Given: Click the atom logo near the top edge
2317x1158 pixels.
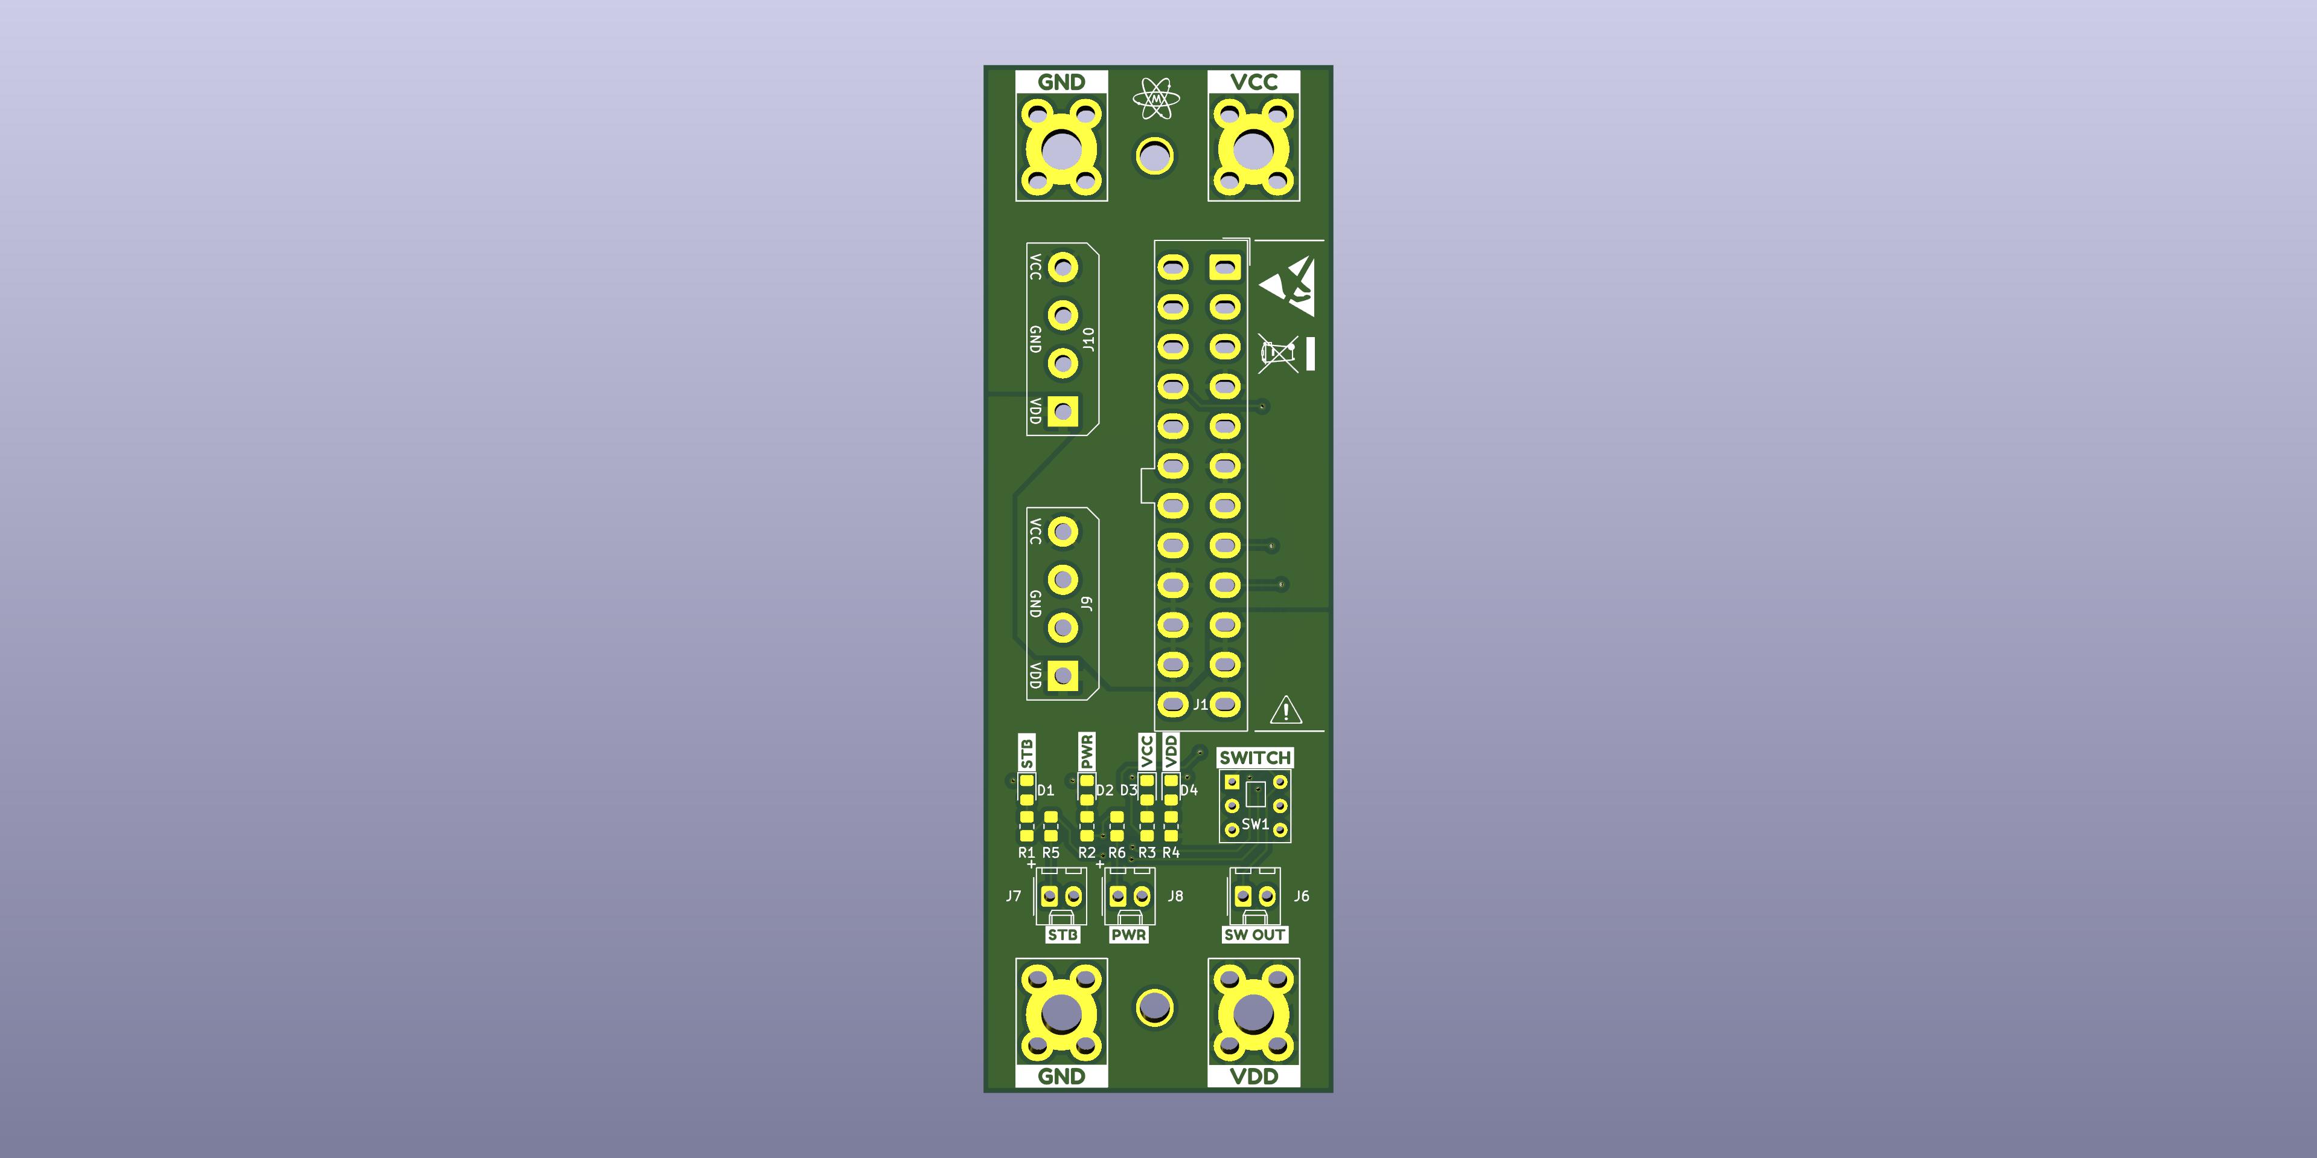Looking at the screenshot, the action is coord(1156,98).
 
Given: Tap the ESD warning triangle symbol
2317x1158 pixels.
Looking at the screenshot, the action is coord(1288,286).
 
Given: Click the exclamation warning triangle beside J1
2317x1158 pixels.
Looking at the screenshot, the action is coord(1286,710).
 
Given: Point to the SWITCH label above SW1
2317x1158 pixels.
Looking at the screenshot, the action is coord(1254,758).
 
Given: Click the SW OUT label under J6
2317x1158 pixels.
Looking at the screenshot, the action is coord(1254,935).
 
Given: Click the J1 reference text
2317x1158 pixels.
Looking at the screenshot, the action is coord(1201,704).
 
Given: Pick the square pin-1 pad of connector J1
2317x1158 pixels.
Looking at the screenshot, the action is coord(1224,266).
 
